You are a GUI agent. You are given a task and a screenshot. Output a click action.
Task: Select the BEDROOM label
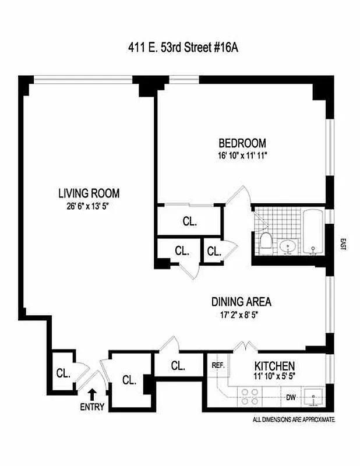coord(242,143)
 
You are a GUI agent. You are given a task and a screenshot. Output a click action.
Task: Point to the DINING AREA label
coord(241,302)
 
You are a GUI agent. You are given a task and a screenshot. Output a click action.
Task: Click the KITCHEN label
coord(274,366)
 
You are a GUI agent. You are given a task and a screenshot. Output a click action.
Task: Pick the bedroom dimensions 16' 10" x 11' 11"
coord(242,156)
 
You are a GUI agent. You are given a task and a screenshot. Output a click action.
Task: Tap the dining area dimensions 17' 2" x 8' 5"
coord(242,315)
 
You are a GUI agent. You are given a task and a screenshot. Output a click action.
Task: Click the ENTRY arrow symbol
coord(92,394)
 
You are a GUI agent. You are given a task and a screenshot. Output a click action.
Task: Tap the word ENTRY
coord(92,407)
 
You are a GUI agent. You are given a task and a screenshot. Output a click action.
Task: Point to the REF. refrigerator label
coord(218,365)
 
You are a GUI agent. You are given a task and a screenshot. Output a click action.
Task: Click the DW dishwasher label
coord(291,398)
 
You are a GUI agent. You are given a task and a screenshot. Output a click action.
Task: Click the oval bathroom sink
coord(287,247)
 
